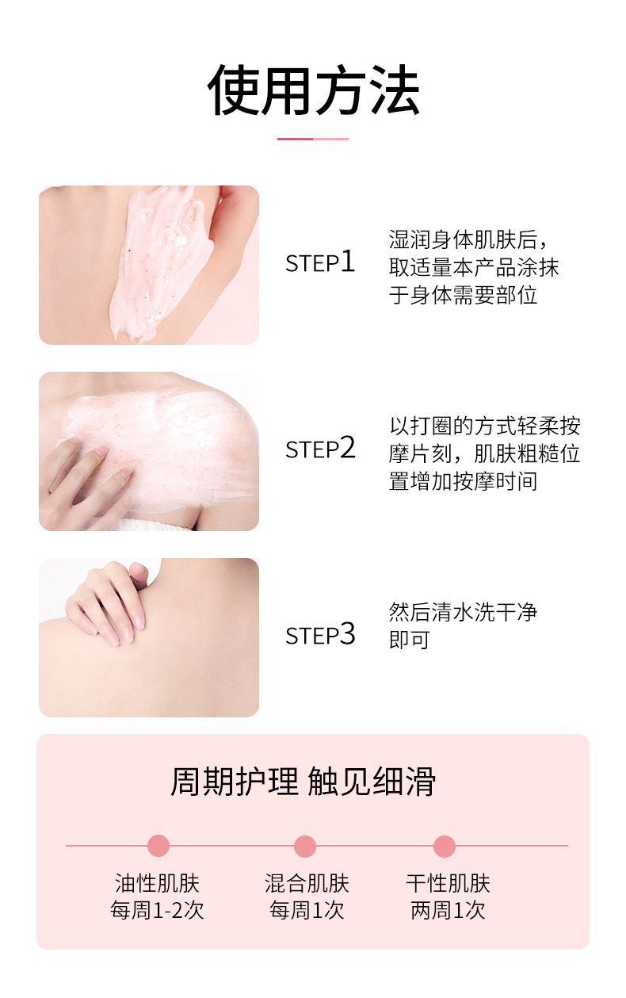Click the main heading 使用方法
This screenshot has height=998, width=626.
[314, 90]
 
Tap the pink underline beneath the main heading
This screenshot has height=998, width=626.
[313, 139]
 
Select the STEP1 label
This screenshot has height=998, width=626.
[320, 262]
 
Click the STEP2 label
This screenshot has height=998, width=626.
[320, 448]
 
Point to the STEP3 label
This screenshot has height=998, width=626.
[320, 634]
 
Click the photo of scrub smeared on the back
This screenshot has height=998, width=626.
[149, 265]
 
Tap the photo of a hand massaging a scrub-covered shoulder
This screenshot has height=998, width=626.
[149, 451]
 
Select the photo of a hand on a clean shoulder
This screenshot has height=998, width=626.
[149, 637]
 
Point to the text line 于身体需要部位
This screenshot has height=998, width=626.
[463, 295]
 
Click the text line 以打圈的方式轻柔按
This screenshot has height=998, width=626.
[485, 426]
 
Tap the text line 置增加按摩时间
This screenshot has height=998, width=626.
[463, 481]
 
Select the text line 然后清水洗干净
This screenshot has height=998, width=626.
[463, 612]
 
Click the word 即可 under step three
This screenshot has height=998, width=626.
[410, 640]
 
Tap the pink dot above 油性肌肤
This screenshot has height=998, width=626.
[158, 846]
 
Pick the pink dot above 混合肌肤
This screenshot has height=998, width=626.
[305, 846]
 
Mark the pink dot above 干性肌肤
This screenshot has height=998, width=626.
[445, 846]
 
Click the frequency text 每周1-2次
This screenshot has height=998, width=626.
[157, 910]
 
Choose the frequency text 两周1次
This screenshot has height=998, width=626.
[448, 910]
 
